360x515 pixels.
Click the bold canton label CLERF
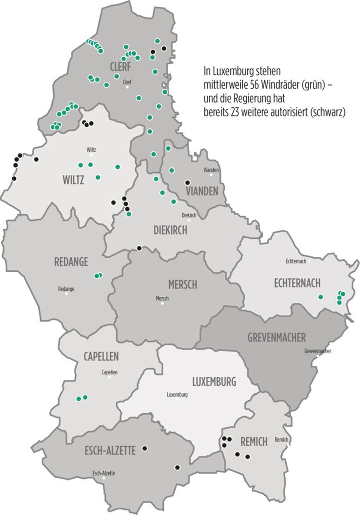[121, 66]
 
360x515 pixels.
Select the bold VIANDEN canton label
[202, 191]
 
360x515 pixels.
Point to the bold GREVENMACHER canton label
[276, 338]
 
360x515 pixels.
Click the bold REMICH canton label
[254, 442]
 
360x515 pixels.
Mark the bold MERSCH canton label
[183, 285]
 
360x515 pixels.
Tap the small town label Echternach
[295, 261]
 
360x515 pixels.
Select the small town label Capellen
[109, 372]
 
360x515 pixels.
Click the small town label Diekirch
[189, 215]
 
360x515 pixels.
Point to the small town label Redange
[66, 289]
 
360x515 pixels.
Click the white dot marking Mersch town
[162, 303]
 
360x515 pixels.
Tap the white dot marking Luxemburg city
[177, 400]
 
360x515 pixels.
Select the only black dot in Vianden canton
[187, 182]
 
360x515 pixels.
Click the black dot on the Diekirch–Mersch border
[139, 248]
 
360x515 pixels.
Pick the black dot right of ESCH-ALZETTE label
[144, 448]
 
